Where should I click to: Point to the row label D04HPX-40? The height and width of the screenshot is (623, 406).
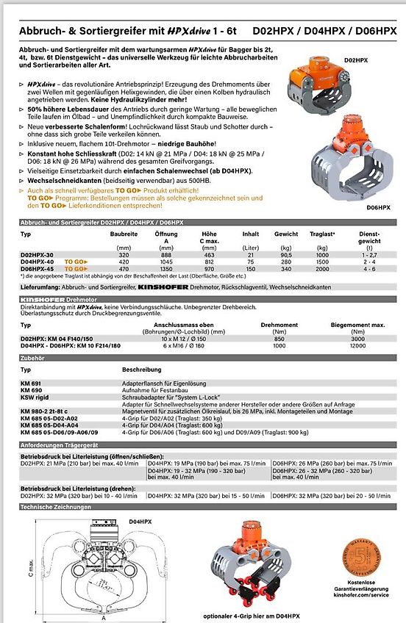[x=38, y=261]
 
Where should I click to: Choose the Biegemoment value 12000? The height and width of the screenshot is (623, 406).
[x=357, y=346]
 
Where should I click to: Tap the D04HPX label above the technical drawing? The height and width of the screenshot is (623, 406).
[x=140, y=520]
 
